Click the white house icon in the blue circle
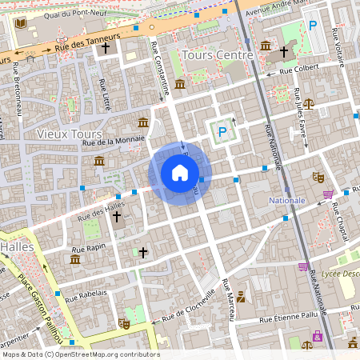(180, 173)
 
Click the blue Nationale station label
(287, 199)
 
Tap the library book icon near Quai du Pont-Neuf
(20, 22)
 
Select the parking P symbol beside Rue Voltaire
(313, 26)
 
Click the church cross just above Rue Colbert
(282, 54)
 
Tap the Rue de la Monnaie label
(112, 140)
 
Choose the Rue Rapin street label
(90, 247)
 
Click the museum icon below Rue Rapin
(74, 260)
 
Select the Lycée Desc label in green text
(339, 274)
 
